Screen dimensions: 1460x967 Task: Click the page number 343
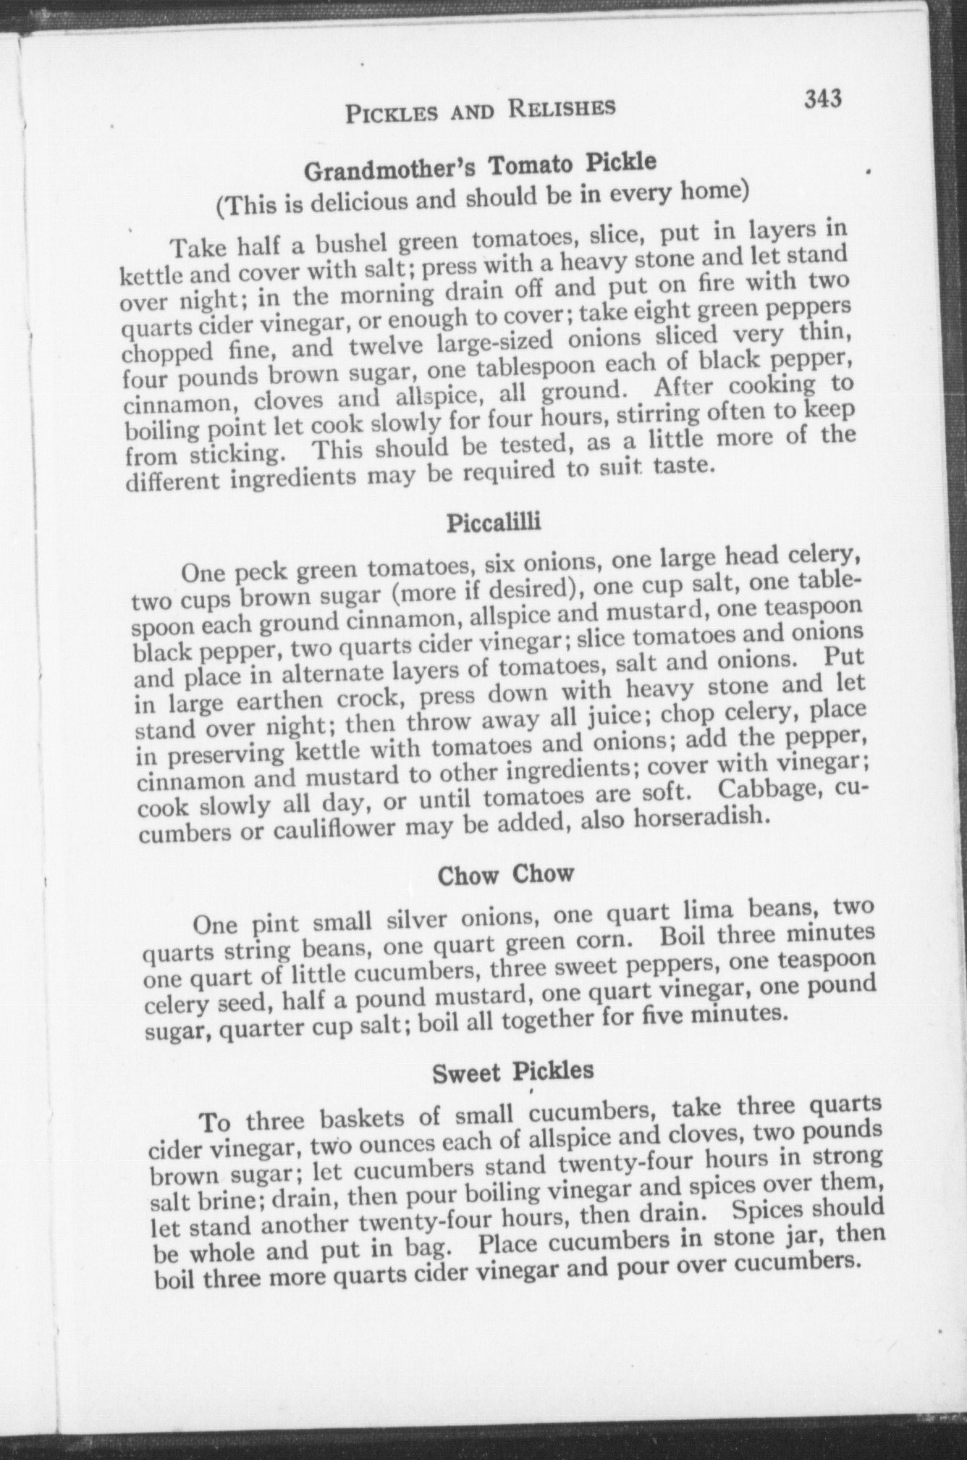(823, 98)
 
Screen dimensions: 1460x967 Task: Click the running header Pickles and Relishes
(480, 109)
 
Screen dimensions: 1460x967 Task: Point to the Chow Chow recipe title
(505, 874)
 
